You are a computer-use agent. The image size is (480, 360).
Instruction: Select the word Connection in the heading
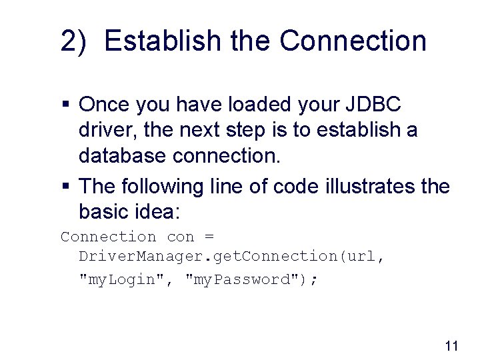(x=353, y=41)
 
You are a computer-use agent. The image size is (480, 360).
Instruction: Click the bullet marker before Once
(x=65, y=105)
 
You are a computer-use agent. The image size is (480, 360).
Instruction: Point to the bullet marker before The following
(x=65, y=185)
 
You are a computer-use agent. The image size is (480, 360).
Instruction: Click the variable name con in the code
(x=180, y=237)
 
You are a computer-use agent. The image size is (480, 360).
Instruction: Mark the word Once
(x=105, y=105)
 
